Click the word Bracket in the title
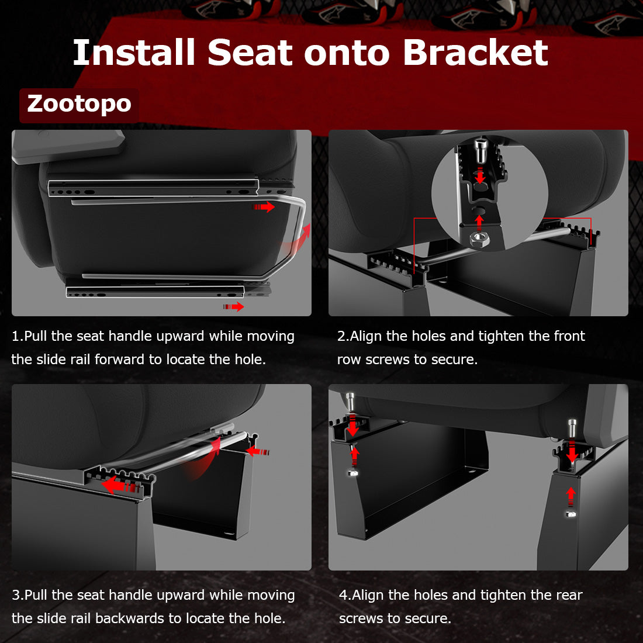tap(475, 53)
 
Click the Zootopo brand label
tap(79, 104)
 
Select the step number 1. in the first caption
tap(17, 337)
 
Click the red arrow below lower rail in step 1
tap(234, 306)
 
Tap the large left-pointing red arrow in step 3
tap(117, 485)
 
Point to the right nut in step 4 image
tap(571, 513)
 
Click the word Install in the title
tap(133, 53)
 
